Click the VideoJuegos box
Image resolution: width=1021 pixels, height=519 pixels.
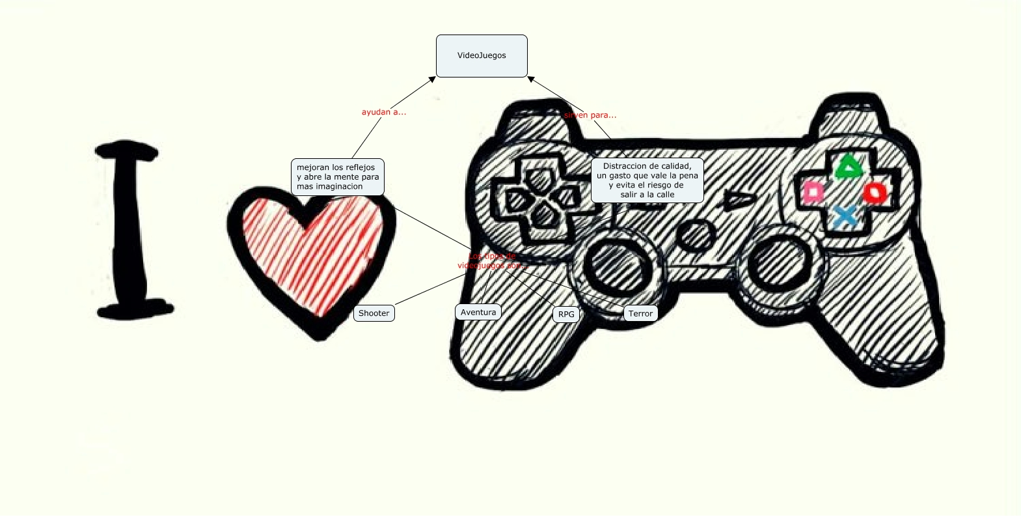point(482,56)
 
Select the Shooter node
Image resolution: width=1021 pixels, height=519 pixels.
point(374,313)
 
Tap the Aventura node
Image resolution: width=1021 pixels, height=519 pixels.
point(478,313)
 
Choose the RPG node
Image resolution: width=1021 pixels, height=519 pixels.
point(566,315)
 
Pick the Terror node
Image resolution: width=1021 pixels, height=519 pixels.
point(640,314)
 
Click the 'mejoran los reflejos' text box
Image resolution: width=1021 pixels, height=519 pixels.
point(337,177)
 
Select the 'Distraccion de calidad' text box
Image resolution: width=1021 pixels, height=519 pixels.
point(647,180)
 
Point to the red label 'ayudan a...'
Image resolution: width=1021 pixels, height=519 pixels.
point(384,112)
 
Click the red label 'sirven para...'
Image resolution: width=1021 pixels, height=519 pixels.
point(590,115)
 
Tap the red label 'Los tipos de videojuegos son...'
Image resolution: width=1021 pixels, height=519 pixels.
point(491,260)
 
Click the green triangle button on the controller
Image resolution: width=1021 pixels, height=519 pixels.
point(848,167)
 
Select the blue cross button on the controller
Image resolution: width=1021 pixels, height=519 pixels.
point(845,216)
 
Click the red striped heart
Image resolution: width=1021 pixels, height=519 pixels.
point(312,254)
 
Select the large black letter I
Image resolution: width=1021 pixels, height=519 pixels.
point(130,231)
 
